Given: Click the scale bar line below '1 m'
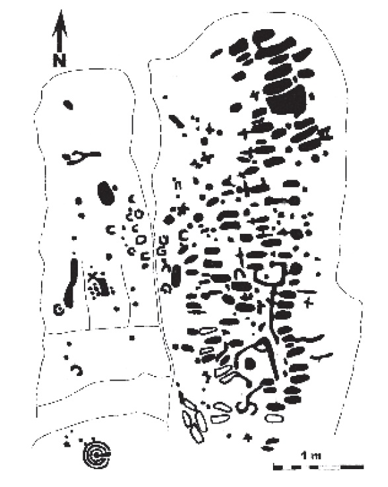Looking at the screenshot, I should pyautogui.click(x=319, y=467).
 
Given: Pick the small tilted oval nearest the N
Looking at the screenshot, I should pyautogui.click(x=68, y=104).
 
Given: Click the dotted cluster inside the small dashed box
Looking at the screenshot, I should pyautogui.click(x=99, y=287).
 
